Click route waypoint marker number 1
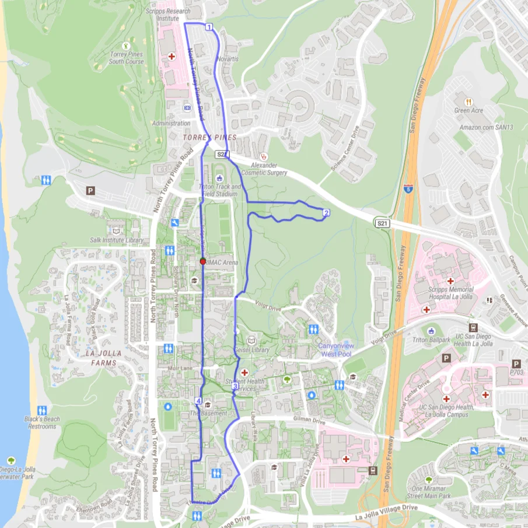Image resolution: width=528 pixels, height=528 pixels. click(208, 27)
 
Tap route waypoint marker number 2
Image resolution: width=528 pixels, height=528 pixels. click(326, 212)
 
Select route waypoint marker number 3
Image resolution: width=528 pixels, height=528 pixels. click(235, 386)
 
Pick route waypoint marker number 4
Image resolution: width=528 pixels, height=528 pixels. click(198, 401)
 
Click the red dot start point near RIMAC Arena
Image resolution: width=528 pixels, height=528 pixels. click(202, 261)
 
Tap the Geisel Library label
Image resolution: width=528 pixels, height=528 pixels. click(251, 350)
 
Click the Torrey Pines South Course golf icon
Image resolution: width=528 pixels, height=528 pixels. click(126, 46)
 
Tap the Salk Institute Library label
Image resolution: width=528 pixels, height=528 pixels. click(117, 240)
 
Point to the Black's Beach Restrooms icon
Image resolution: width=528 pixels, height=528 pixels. click(42, 410)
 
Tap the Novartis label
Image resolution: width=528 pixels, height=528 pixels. click(228, 59)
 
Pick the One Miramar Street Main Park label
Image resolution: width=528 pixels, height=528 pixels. click(431, 492)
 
